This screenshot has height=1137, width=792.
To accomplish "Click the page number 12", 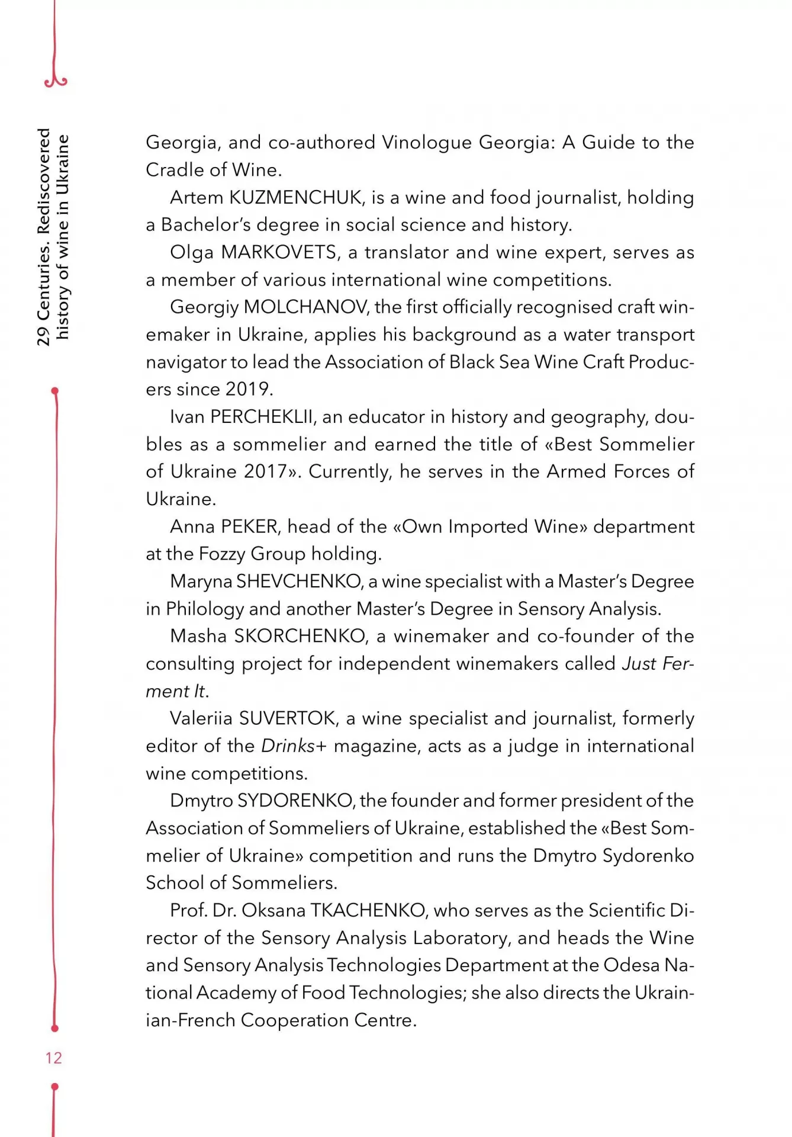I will coord(53,1058).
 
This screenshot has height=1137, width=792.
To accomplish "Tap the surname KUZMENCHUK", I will coord(297,197).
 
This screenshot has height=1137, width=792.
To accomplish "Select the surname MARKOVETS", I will coord(280,252).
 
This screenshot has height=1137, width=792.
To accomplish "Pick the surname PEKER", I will coord(250,526).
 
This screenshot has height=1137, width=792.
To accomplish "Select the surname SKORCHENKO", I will coord(301,636).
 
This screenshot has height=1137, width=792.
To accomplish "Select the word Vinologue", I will coord(427,143).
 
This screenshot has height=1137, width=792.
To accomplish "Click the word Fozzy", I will coord(222,554).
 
